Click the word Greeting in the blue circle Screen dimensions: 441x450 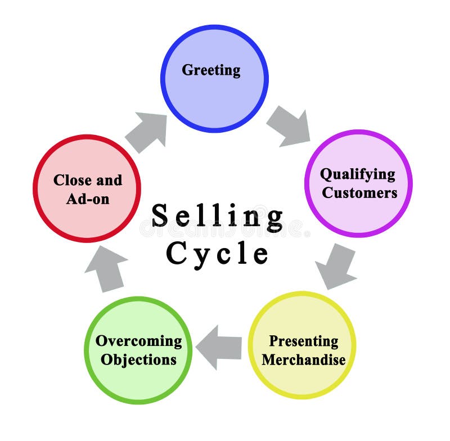coord(211,70)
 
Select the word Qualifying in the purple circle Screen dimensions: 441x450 coord(358,174)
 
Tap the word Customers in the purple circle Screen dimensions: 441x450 coord(359,193)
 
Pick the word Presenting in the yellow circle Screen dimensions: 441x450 coord(303,341)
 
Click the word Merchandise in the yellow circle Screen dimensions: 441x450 coord(303,359)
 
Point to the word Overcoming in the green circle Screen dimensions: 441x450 coord(138,341)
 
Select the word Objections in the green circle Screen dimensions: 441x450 coord(138,359)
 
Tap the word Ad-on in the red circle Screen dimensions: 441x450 coord(88,199)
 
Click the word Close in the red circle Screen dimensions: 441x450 coord(71,181)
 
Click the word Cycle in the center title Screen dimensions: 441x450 coord(217,253)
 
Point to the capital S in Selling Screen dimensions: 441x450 coord(160,215)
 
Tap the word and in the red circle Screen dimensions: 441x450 coord(109,181)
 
